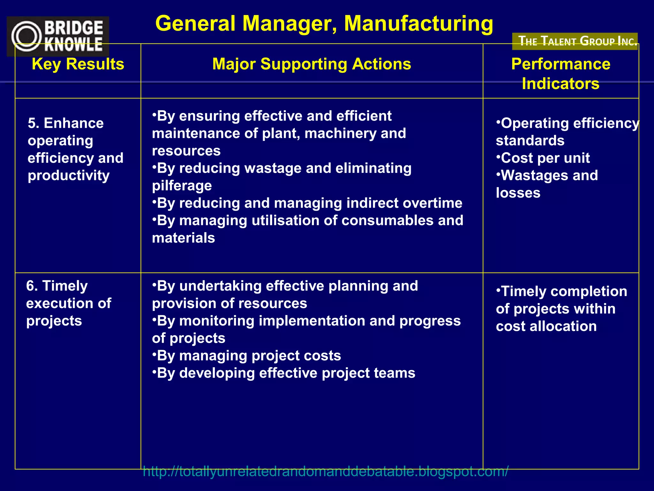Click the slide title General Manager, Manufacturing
coord(324,24)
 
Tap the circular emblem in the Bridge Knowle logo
coord(26,36)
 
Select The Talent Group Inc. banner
coord(575,41)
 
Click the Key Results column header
coord(78,64)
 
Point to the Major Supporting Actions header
coord(312,64)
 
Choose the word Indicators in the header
coord(560,84)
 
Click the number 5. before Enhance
coord(33,123)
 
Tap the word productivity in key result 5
coord(69,175)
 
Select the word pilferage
coord(182,186)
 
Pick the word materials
coord(183,238)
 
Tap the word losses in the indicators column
coord(518,193)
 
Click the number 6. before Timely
coord(32,286)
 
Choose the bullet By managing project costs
coord(247,356)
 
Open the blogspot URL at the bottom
coord(325,472)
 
